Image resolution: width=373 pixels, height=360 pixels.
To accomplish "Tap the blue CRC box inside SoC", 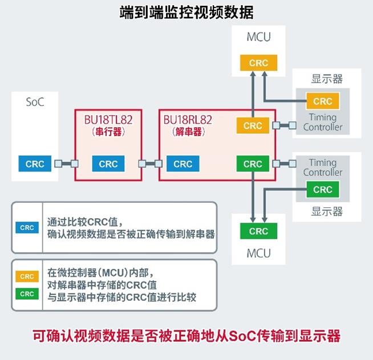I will (35, 164).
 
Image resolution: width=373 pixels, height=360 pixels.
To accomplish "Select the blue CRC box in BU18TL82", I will (108, 164).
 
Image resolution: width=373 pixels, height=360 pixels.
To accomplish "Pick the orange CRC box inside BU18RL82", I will (253, 126).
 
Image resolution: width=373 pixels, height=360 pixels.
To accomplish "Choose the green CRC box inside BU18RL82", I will (253, 164).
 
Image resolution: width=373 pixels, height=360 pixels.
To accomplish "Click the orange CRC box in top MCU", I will (258, 63).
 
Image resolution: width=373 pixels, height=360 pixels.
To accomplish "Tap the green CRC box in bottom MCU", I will (258, 231).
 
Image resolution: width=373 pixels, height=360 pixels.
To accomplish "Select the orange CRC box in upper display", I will (323, 101).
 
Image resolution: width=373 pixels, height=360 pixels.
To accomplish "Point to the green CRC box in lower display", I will (323, 189).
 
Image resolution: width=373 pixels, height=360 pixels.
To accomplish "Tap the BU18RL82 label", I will (188, 120).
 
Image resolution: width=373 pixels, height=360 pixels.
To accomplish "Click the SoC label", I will (35, 103).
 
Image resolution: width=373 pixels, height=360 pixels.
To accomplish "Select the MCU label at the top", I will (258, 38).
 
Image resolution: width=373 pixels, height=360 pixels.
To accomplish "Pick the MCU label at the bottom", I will (258, 252).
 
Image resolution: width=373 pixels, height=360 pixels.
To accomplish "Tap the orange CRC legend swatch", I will (27, 277).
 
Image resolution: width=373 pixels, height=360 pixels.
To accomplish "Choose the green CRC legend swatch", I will (27, 294).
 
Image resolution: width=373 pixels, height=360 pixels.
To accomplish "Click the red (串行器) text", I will (108, 132).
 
